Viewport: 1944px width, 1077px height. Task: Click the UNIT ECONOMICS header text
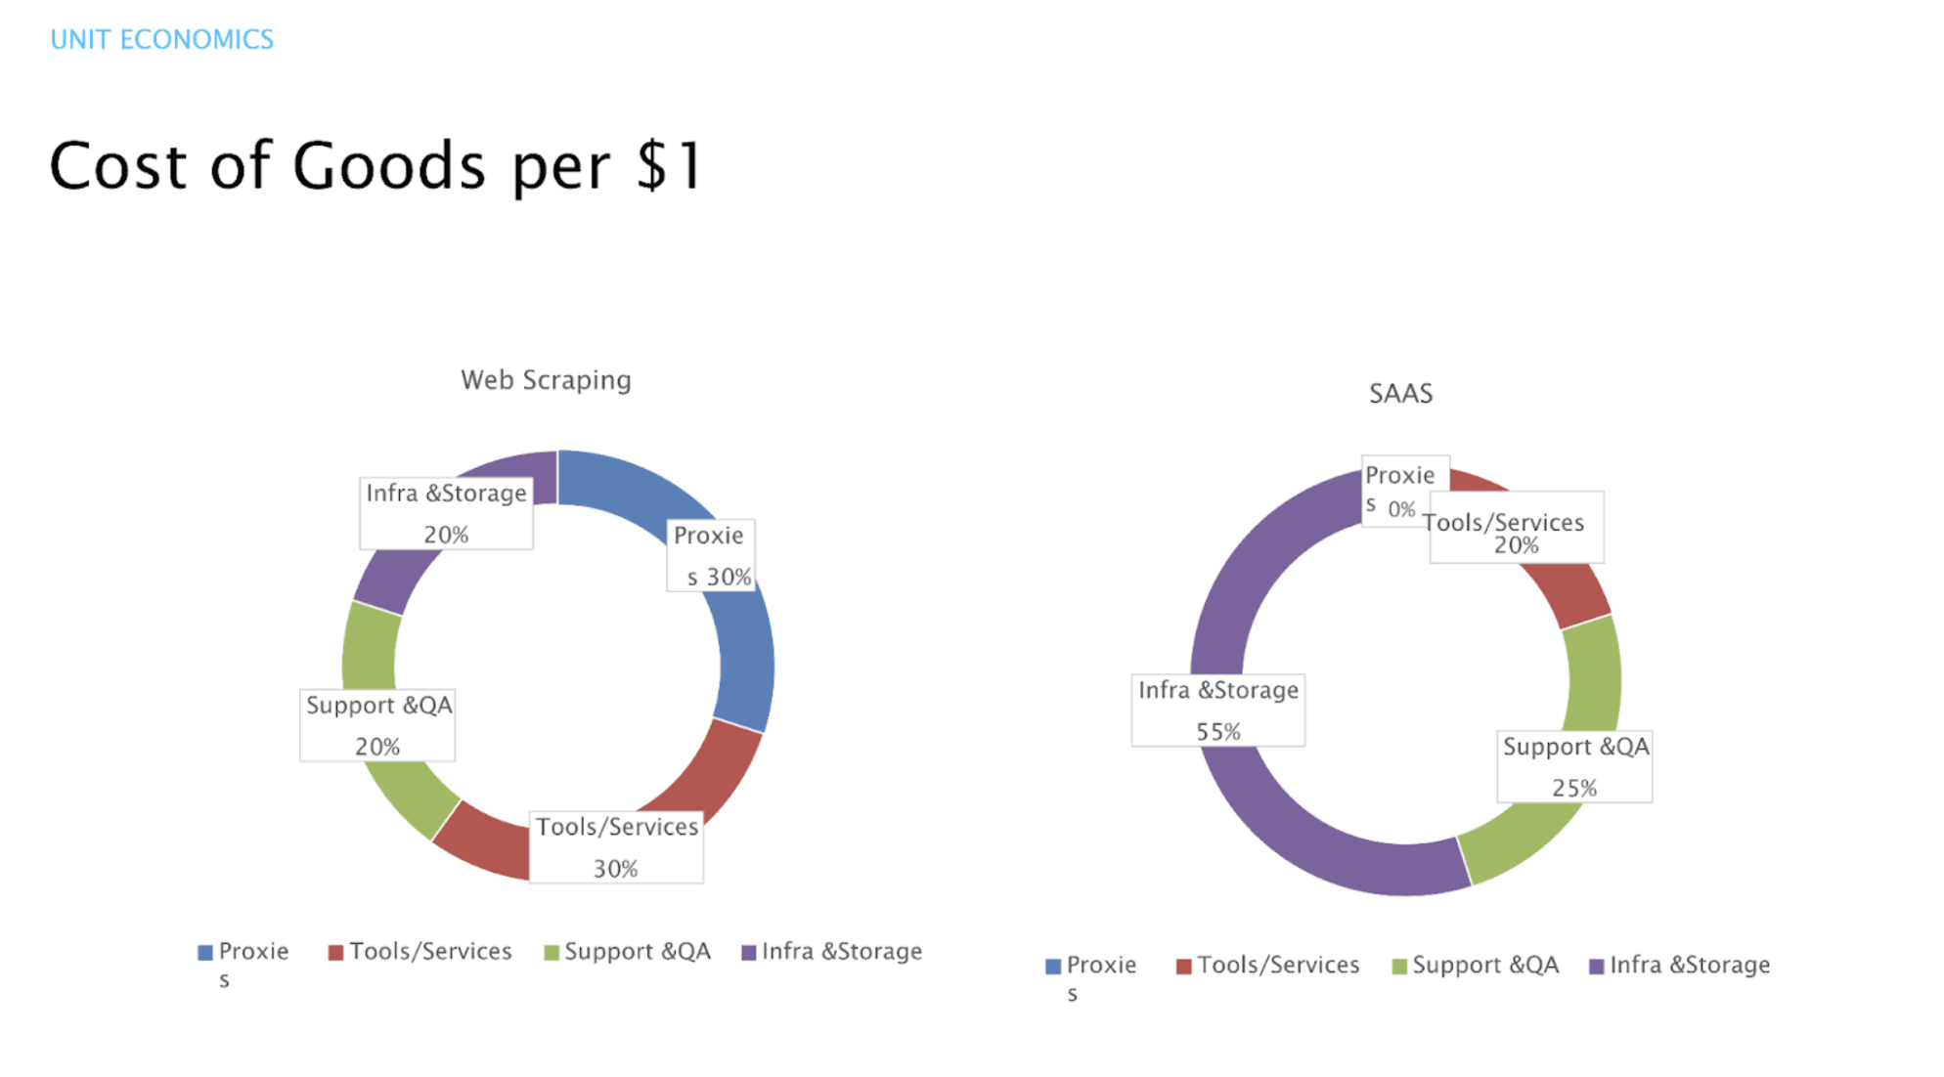coord(161,39)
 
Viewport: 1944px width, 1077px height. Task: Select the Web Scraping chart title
coord(546,379)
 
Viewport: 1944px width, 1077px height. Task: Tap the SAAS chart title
coord(1400,393)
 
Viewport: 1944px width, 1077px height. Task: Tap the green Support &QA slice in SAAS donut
coord(1594,674)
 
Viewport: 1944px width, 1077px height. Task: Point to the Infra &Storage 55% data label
coord(1217,711)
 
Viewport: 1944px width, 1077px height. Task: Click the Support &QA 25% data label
coord(1574,766)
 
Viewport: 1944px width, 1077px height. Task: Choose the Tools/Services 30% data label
coord(616,847)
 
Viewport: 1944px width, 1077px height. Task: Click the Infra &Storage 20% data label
coord(446,513)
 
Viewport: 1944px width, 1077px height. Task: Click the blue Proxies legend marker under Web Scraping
coord(205,952)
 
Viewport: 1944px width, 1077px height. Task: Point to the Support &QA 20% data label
coord(377,725)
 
